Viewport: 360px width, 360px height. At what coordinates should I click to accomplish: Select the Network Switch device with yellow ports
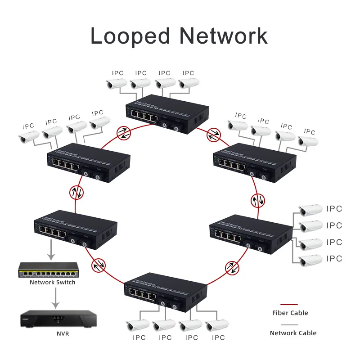[x=47, y=270]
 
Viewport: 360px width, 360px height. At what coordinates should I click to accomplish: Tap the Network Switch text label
[x=53, y=283]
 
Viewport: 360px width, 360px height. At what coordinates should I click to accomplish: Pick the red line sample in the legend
[x=289, y=305]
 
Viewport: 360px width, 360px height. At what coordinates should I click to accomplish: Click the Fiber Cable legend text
[x=290, y=313]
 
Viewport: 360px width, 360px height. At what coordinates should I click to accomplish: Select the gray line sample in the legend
[x=289, y=325]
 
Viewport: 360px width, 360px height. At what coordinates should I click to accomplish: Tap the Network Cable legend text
[x=293, y=333]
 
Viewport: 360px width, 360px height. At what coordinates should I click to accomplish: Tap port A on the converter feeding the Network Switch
[x=72, y=241]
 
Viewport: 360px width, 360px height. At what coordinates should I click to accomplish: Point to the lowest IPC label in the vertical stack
[x=334, y=259]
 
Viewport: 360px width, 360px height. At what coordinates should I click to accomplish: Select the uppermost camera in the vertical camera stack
[x=310, y=209]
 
